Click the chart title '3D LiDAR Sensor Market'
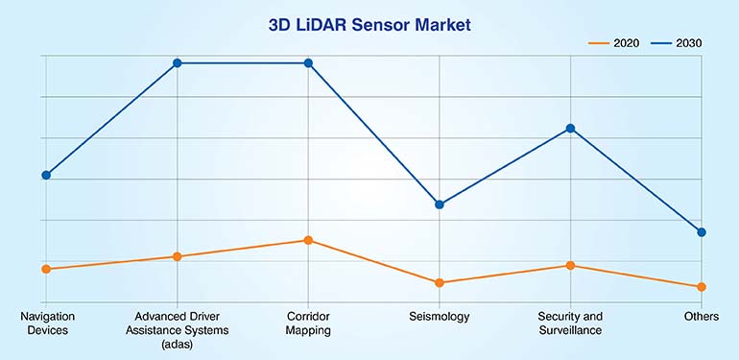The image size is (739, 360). [x=369, y=25]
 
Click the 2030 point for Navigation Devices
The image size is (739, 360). [x=46, y=175]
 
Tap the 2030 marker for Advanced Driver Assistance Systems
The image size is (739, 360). [x=178, y=63]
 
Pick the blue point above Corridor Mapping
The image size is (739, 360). [x=308, y=63]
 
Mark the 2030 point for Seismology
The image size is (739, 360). [x=440, y=204]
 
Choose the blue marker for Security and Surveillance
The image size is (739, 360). [x=570, y=129]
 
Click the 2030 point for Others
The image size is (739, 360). [x=702, y=232]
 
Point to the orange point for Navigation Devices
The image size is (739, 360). [x=46, y=269]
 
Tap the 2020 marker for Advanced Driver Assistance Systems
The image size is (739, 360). [x=178, y=256]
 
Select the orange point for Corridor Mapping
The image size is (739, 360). [x=308, y=240]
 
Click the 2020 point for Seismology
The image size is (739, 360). [x=440, y=282]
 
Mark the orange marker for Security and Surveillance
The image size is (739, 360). [x=570, y=265]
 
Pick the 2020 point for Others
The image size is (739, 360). [x=702, y=287]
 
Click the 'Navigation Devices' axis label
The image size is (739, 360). [x=47, y=323]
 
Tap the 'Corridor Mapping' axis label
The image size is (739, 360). [x=308, y=323]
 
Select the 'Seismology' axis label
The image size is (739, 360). [x=440, y=316]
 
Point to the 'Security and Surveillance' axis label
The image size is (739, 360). [x=570, y=323]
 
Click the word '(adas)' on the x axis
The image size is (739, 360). [x=178, y=345]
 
